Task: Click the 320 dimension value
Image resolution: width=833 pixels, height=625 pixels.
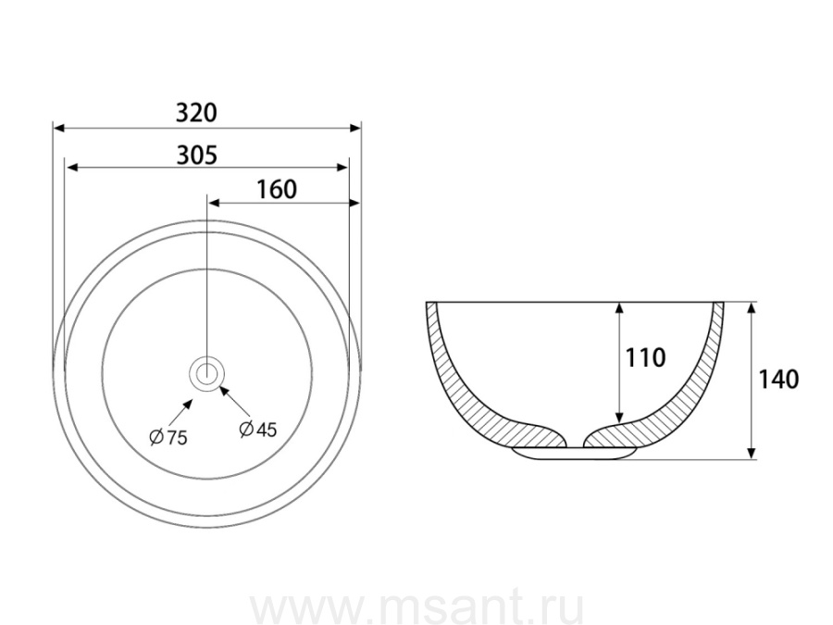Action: (x=196, y=113)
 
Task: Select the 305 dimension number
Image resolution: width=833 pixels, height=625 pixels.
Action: (x=196, y=156)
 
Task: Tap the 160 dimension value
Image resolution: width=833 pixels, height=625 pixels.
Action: (x=276, y=190)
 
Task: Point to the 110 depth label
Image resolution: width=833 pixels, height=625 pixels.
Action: (x=645, y=357)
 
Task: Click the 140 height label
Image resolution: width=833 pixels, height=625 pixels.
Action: (x=778, y=380)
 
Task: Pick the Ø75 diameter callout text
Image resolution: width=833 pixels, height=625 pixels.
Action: (x=168, y=437)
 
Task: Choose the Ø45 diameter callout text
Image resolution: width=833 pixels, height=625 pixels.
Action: (x=258, y=429)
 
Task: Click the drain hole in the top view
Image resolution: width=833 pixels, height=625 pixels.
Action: (x=207, y=374)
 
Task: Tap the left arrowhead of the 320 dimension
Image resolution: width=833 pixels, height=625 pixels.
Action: (x=59, y=128)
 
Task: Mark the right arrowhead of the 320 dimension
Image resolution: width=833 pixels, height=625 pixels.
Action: (x=354, y=128)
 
